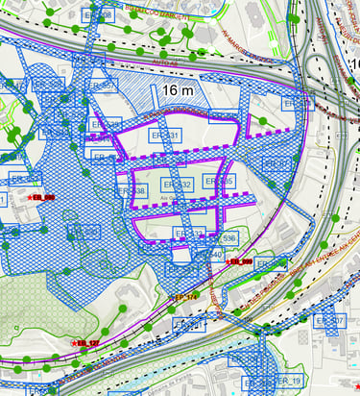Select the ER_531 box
coord(164,137)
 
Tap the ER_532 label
coord(179,184)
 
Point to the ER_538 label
coord(133,191)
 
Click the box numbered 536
coord(228,237)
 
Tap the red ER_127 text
coord(88,342)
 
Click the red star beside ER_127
coord(73,343)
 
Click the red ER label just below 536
coord(239,261)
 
